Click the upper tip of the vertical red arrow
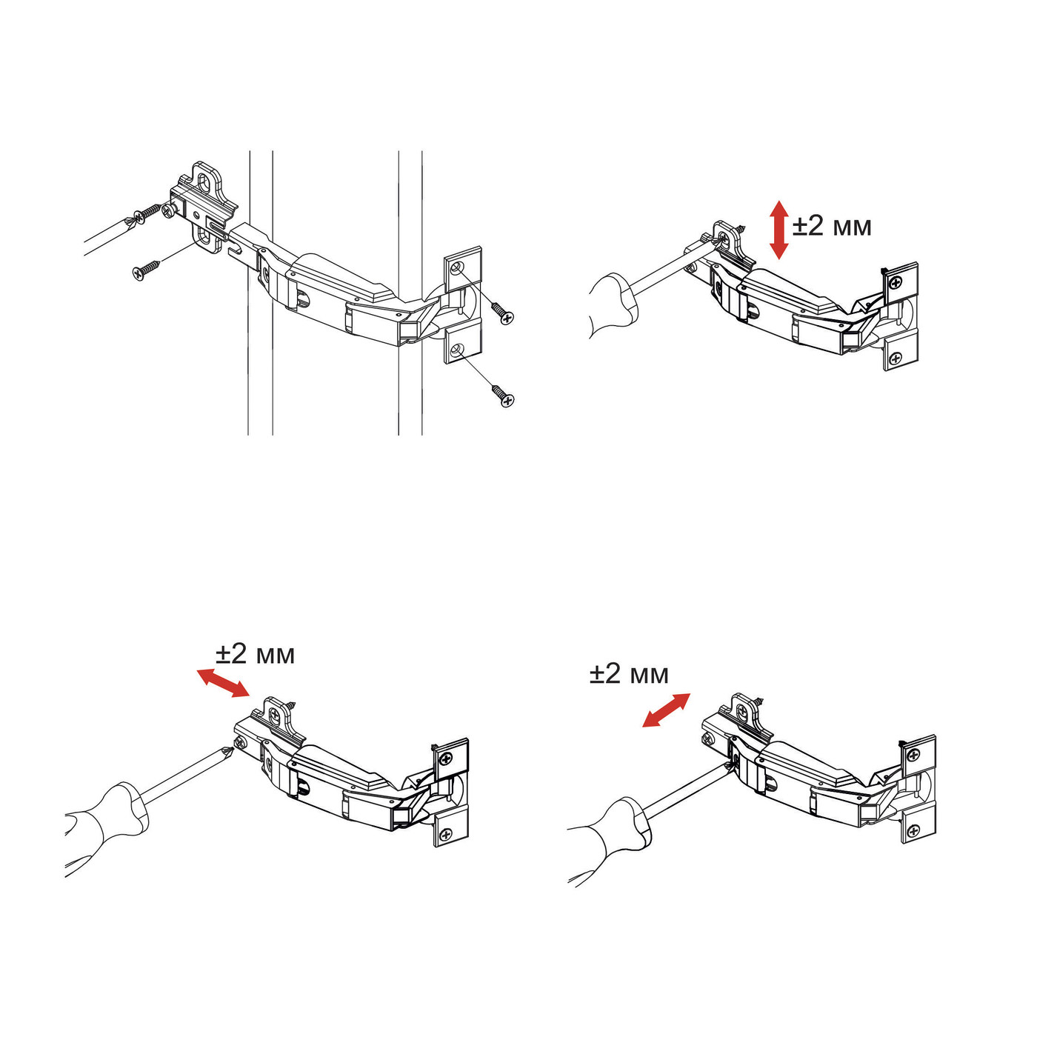coord(778,200)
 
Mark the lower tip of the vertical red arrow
coord(778,259)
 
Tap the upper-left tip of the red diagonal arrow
coord(196,670)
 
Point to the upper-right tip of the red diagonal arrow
coord(690,694)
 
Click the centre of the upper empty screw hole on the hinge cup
coord(457,267)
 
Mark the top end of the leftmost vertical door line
coord(248,151)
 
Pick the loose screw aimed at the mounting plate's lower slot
coord(146,270)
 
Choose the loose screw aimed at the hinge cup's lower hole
coord(502,394)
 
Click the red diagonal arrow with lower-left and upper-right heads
coord(666,710)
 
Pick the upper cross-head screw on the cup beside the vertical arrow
coord(896,281)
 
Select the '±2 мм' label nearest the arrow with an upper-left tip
coord(256,655)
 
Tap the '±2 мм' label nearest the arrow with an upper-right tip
coord(629,674)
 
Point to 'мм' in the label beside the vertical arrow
coord(851,229)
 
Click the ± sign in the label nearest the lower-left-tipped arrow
coord(597,675)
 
